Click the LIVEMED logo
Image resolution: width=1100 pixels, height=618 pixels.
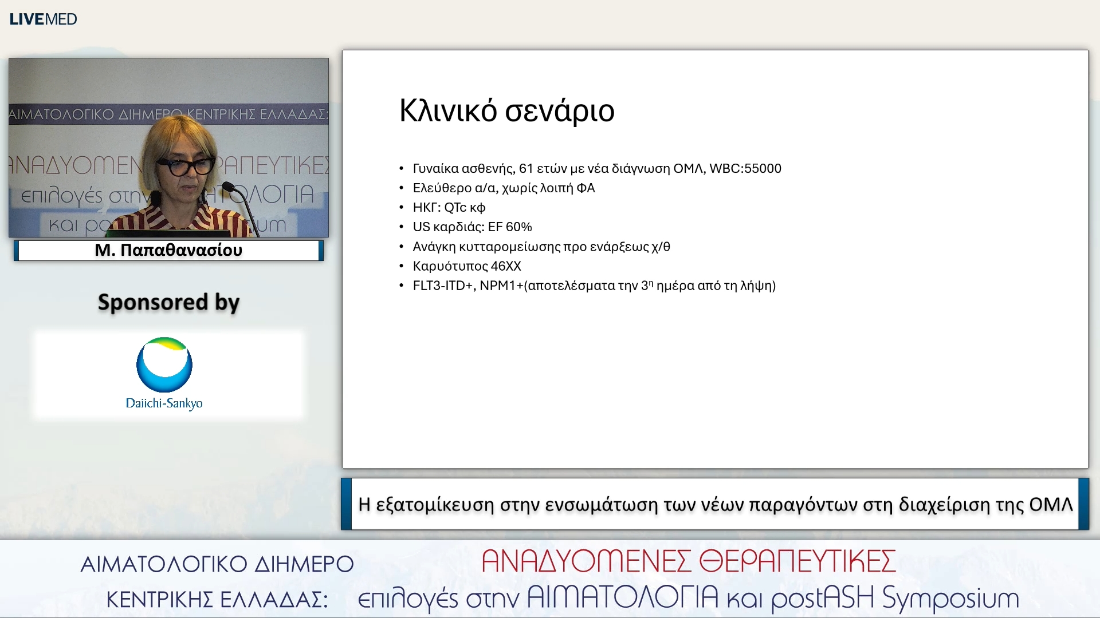[x=43, y=19]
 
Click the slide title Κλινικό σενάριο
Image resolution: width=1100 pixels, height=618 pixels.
[x=506, y=110]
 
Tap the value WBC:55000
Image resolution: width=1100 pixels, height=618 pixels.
[x=745, y=168]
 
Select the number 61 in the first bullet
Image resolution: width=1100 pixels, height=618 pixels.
[x=525, y=168]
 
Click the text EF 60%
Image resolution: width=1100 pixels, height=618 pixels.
[x=509, y=227]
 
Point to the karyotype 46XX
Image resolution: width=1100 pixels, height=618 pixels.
[x=505, y=266]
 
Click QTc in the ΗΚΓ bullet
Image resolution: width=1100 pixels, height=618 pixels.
[x=455, y=207]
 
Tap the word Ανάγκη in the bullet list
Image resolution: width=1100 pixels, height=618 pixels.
[x=434, y=247]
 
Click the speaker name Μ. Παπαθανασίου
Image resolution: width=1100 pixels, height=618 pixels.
[x=168, y=250]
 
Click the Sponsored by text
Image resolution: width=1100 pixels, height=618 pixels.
[x=168, y=302]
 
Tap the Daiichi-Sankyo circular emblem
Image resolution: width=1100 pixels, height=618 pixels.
[x=164, y=365]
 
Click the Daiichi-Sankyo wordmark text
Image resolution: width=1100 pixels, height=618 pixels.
[x=164, y=403]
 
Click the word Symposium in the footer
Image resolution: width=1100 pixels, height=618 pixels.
[x=950, y=599]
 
